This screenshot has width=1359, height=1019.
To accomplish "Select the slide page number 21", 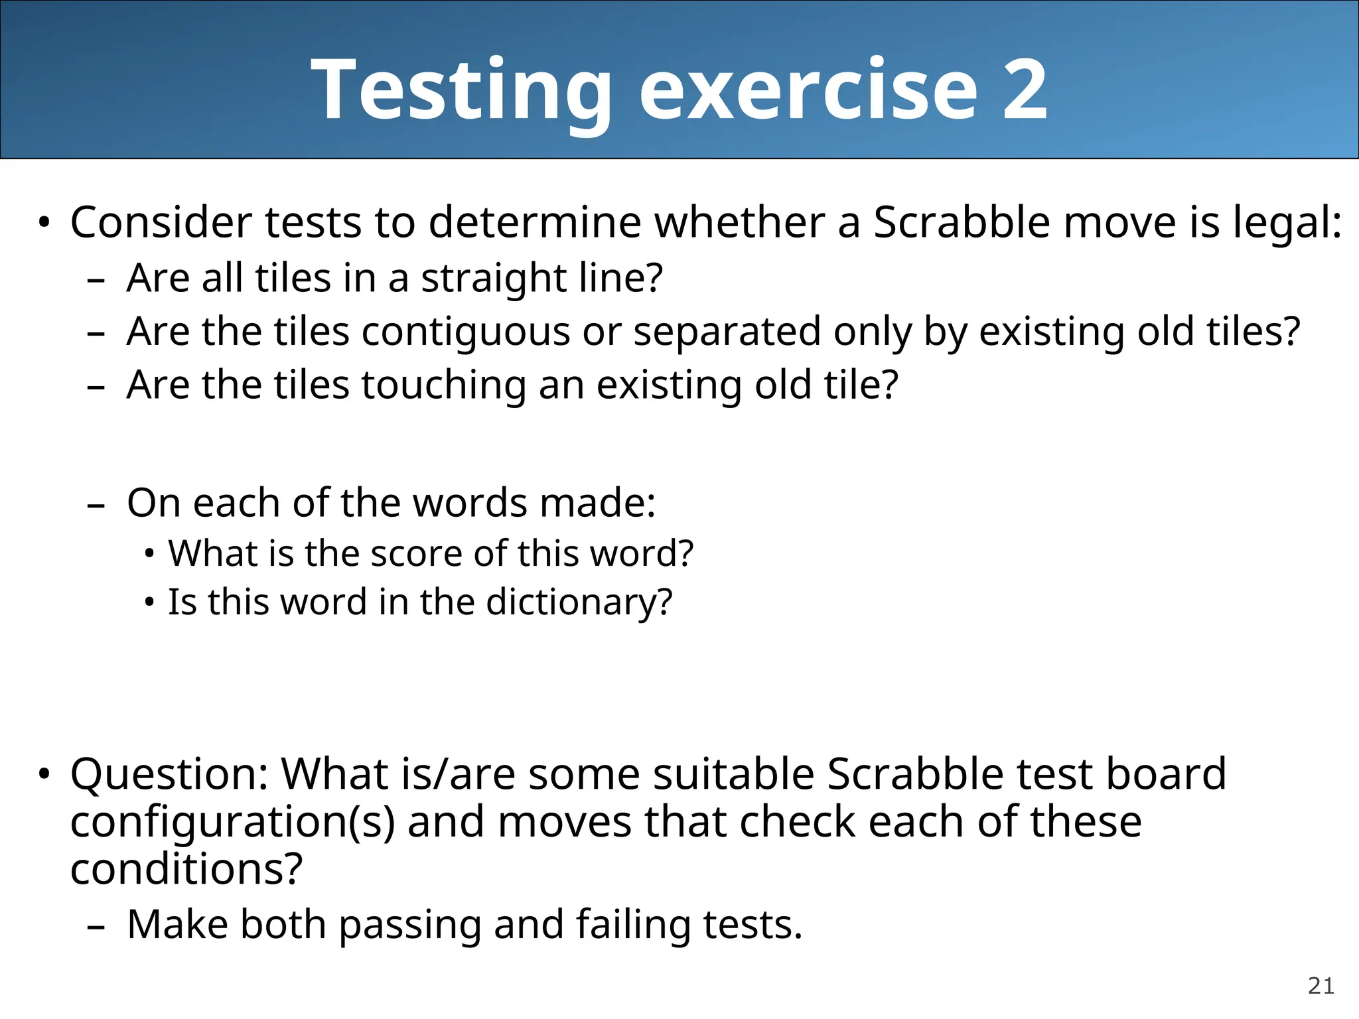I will click(1321, 986).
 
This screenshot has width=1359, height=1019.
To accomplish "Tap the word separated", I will click(727, 331).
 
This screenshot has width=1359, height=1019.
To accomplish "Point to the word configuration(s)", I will click(232, 821).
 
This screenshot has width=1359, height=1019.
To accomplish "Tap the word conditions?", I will click(186, 869).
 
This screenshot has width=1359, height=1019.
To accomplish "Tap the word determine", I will click(535, 222).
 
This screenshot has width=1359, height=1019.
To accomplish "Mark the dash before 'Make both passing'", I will click(96, 927).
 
